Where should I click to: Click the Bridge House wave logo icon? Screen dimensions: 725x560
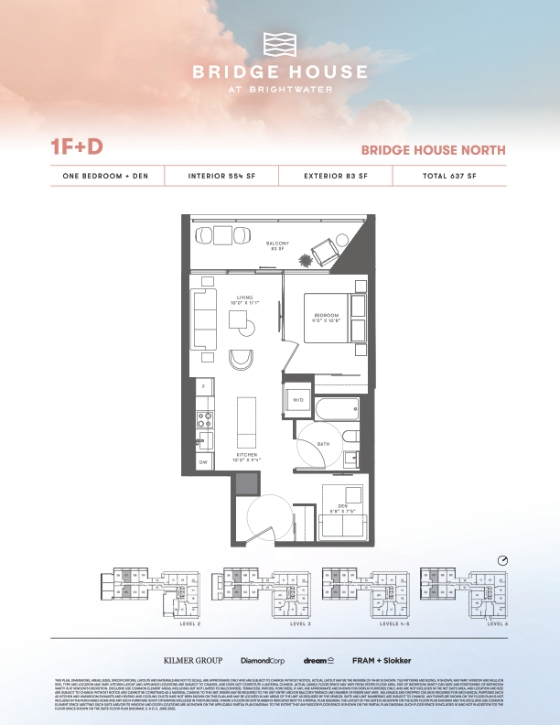point(280,45)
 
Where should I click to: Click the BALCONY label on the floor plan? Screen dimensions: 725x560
point(278,244)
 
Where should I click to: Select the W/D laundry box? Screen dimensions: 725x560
point(297,401)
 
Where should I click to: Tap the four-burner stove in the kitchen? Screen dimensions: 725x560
point(206,420)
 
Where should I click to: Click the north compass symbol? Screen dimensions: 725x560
point(502,559)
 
